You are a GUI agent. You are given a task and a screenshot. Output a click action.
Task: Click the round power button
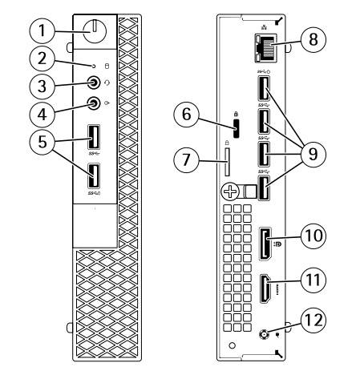(95, 30)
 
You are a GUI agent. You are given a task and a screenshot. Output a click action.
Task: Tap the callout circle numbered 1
(42, 30)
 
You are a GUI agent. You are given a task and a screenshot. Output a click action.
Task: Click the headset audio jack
(94, 83)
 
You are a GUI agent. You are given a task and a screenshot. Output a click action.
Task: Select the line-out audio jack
(94, 103)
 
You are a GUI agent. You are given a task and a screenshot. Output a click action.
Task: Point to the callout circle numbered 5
(42, 142)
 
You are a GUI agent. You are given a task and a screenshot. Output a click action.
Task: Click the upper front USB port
(94, 137)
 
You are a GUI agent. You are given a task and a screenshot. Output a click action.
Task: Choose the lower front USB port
(94, 175)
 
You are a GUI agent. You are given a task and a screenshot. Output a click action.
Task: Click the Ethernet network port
(265, 48)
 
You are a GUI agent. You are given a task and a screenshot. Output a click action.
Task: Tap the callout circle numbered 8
(313, 39)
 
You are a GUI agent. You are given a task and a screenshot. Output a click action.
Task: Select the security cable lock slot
(236, 128)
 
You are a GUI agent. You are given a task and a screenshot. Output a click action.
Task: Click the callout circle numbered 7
(186, 159)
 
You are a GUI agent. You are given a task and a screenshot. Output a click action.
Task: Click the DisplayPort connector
(265, 244)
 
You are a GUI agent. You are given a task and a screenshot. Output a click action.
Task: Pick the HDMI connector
(265, 289)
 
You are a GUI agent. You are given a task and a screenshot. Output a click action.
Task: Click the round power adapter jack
(264, 334)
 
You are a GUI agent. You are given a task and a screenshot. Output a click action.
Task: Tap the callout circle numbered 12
(313, 321)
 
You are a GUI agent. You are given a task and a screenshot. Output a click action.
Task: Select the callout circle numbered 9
(313, 155)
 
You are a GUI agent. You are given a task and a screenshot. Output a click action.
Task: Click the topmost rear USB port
(264, 88)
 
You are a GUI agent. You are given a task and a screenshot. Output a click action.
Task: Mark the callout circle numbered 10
(313, 236)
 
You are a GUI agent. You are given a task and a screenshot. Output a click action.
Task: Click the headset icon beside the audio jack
(107, 83)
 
